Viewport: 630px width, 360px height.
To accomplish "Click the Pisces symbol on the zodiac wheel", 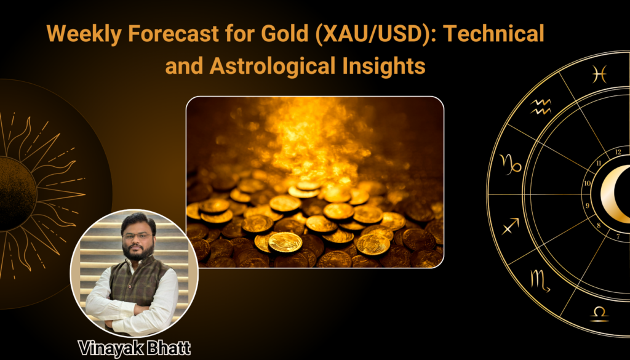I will [x=599, y=74].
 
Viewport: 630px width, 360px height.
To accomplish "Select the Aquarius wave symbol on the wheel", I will [x=541, y=107].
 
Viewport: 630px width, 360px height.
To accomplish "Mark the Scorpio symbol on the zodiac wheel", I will [x=540, y=280].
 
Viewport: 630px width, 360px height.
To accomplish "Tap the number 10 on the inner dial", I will [x=588, y=183].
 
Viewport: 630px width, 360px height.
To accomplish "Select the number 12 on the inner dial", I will [x=618, y=152].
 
